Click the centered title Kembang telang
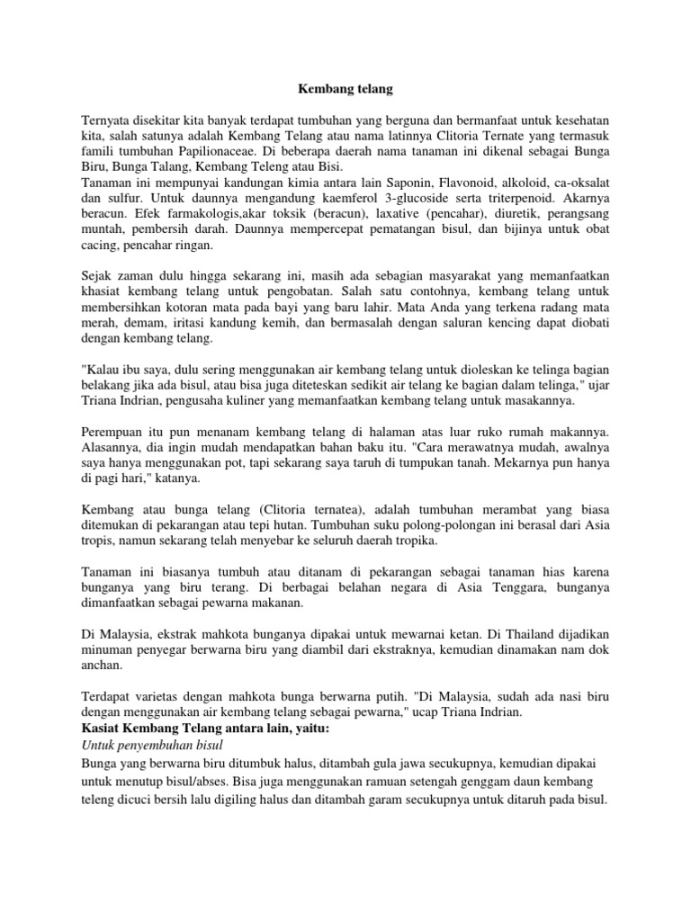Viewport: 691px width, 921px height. (x=345, y=90)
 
